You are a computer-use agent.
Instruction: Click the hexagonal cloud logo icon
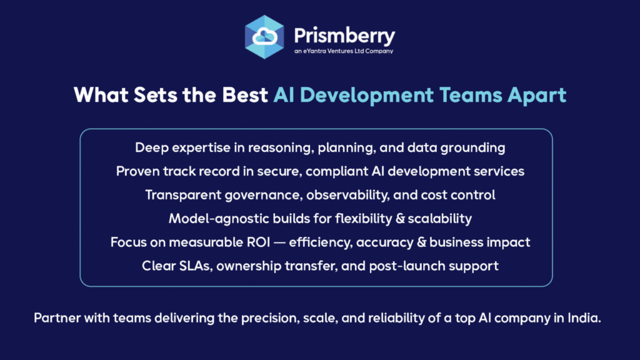(x=264, y=37)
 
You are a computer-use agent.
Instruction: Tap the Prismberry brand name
(x=344, y=36)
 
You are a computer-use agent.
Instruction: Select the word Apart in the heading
(x=537, y=96)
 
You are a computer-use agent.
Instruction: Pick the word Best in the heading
(x=245, y=95)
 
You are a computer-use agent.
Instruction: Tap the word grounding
(x=472, y=147)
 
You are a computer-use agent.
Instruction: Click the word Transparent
(x=183, y=195)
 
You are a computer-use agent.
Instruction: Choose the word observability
(x=347, y=195)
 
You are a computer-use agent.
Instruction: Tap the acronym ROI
(x=258, y=242)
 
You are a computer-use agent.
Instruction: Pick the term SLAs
(x=197, y=266)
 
